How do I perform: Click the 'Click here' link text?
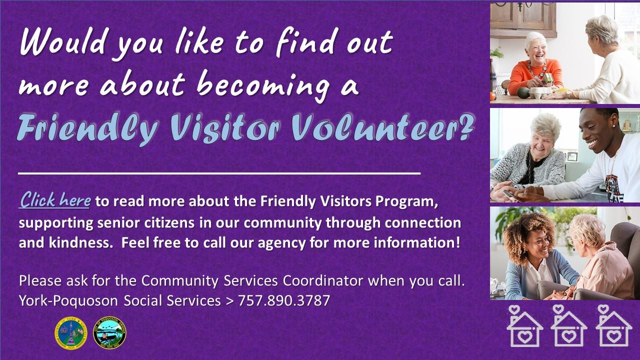(x=55, y=200)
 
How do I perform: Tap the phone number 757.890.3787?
(x=284, y=301)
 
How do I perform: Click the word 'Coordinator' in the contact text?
(x=323, y=280)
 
